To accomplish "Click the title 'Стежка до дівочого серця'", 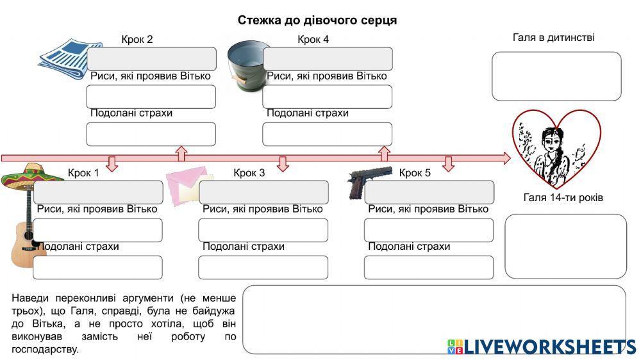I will point(317,20).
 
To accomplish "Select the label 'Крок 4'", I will point(313,40).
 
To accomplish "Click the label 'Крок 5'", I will point(415,173).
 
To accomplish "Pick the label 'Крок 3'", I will point(249,173).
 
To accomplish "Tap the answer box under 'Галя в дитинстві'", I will point(556,76).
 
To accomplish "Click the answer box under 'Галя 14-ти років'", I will point(565,246).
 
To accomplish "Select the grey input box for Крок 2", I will point(152,59).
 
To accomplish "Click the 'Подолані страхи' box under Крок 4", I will point(327,134).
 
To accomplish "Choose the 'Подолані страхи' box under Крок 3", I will point(263,267).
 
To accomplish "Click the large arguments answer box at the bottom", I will point(434,319).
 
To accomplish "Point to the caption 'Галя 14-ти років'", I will point(563,197).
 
